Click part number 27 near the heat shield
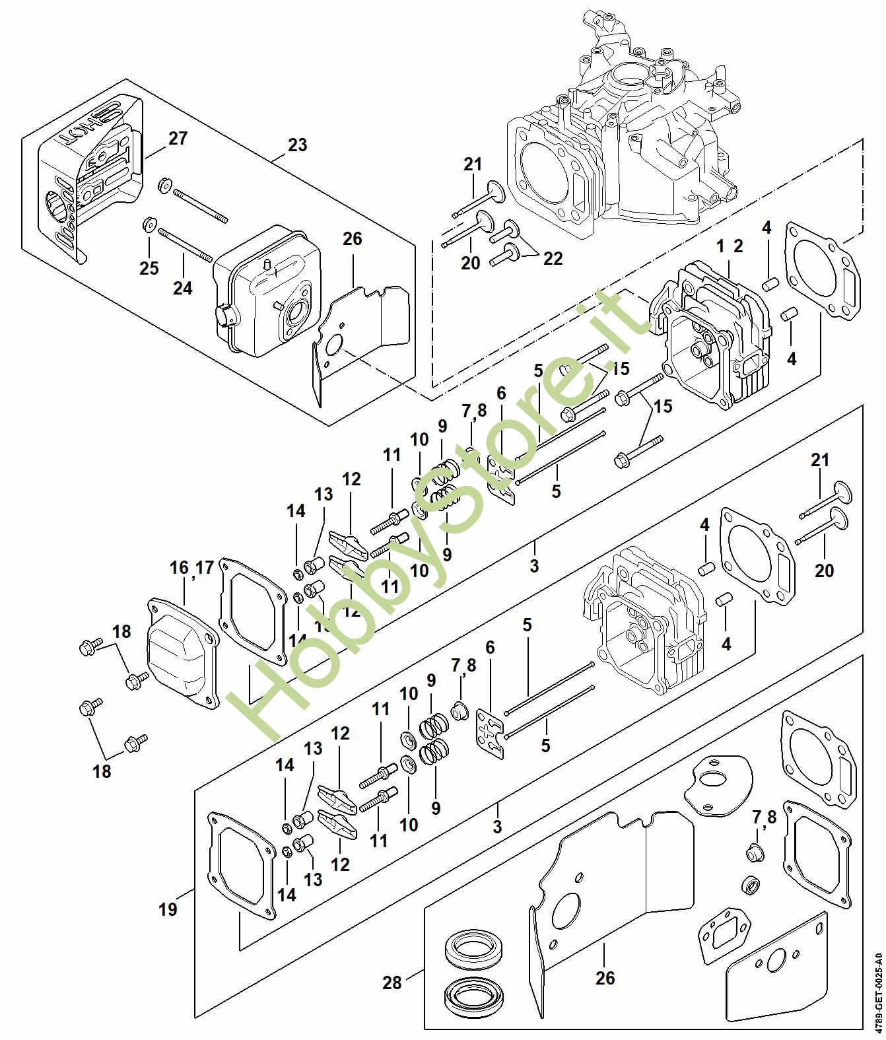coord(178,139)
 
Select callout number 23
coord(298,145)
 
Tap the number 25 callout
coord(149,267)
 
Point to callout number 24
coord(183,288)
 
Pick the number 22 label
coord(553,258)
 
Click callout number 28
coord(392,965)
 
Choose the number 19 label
coord(168,909)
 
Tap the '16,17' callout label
coord(191,567)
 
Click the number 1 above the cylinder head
coord(721,246)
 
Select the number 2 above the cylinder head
coord(738,246)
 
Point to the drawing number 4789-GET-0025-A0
coord(877,987)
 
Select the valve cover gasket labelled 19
coord(242,866)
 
